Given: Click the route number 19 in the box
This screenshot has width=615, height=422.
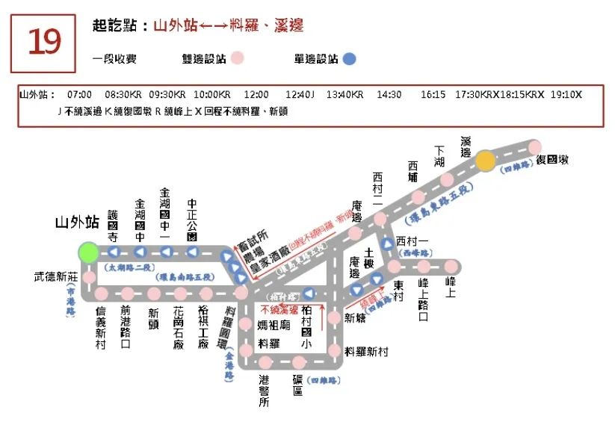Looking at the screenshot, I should point(43,43).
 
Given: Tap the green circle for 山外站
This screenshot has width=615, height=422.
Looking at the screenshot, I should point(89,252).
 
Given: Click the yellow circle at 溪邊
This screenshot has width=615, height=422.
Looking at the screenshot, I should point(486,161).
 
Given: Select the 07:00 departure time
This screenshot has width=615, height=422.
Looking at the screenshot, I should point(79,95).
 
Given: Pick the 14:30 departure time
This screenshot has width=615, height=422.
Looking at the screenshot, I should point(389,95).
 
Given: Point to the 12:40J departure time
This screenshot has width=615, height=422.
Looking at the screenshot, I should point(300,95).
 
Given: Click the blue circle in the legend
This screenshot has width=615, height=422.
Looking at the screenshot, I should point(349,58).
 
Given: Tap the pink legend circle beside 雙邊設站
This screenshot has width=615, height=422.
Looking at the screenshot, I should point(237,58).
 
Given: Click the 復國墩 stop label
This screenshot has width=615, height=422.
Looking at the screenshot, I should point(554,160).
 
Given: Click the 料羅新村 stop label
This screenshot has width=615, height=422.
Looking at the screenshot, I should point(366,351).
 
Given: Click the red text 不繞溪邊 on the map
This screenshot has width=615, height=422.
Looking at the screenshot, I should point(279,309).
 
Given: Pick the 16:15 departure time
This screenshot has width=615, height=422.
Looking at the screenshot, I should point(433,95).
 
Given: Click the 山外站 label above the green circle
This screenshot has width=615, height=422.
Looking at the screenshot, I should point(77,222).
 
